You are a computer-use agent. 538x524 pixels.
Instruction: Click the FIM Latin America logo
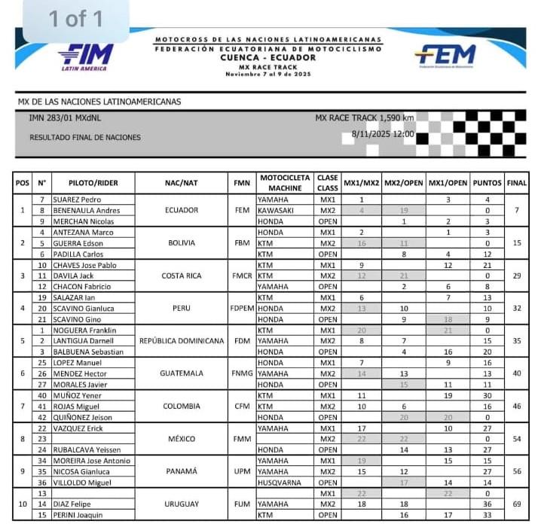point(86,56)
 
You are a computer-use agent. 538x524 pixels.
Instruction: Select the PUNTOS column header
point(488,183)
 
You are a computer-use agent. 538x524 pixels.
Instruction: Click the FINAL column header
point(517,183)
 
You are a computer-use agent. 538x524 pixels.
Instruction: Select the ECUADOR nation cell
point(181,211)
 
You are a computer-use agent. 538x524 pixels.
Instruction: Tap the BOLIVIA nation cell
point(181,243)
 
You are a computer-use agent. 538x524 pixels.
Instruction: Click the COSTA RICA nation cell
point(181,276)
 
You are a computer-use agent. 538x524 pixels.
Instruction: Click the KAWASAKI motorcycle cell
point(276,211)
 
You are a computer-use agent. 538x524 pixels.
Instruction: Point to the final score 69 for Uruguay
point(516,504)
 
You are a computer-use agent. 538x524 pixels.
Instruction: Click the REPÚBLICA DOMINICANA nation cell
point(181,341)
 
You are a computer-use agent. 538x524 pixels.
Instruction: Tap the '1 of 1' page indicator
point(76,19)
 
